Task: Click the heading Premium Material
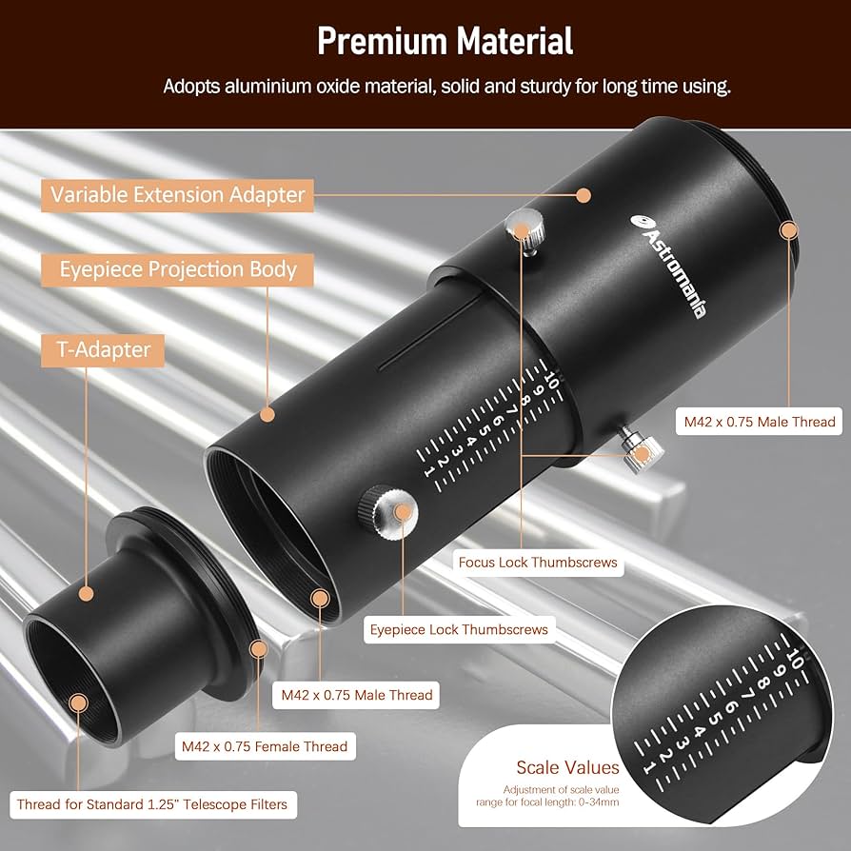click(445, 41)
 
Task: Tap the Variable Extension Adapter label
click(178, 195)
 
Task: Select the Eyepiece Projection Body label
click(178, 269)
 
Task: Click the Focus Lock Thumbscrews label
click(538, 562)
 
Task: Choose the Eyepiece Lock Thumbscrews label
click(458, 629)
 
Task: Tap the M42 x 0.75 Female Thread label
click(265, 745)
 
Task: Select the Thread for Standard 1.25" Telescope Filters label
click(152, 804)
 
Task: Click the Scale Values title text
click(567, 767)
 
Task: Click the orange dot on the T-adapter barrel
click(87, 593)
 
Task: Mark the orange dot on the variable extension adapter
click(584, 194)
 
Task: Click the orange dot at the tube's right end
click(788, 229)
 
